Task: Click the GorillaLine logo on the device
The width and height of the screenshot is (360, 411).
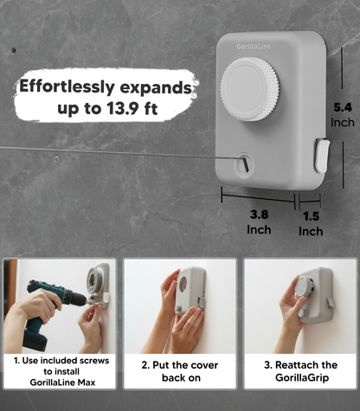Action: click(x=254, y=46)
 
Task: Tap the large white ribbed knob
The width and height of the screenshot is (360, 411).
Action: click(x=250, y=89)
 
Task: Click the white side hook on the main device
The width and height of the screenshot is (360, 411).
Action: click(x=321, y=156)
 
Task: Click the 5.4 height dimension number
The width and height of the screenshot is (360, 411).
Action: click(x=343, y=107)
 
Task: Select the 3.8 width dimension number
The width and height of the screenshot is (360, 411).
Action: click(x=259, y=215)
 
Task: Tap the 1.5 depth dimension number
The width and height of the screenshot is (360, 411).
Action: click(x=311, y=216)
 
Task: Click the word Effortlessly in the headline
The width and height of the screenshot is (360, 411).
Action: click(x=67, y=87)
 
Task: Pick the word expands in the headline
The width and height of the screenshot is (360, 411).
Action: click(x=156, y=88)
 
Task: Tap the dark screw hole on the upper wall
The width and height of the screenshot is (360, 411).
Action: click(x=14, y=50)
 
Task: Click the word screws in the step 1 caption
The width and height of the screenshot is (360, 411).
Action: click(x=94, y=361)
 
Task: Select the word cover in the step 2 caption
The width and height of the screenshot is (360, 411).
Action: click(x=204, y=365)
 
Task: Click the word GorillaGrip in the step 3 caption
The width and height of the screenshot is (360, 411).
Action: click(x=302, y=377)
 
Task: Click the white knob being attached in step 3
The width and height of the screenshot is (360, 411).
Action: click(x=304, y=286)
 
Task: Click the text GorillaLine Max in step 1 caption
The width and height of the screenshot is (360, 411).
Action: click(x=62, y=382)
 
